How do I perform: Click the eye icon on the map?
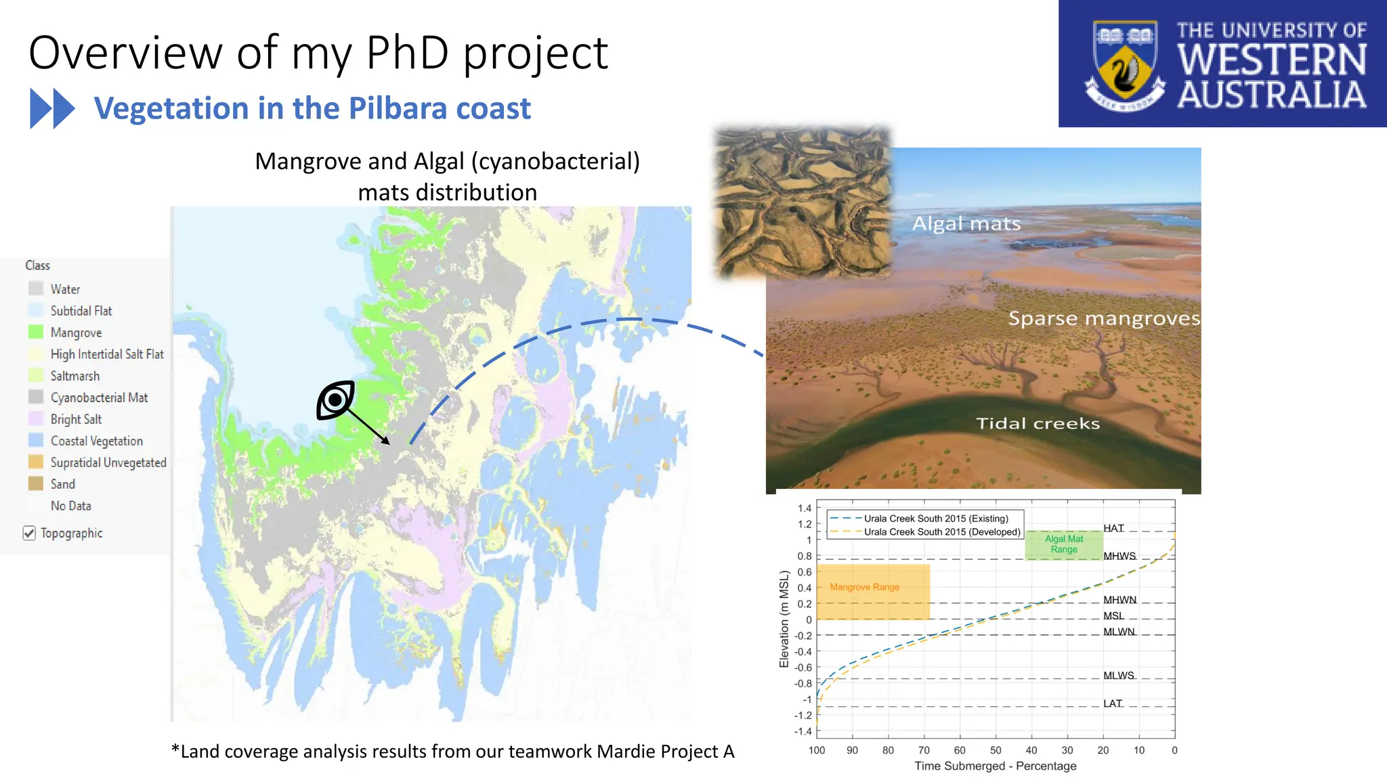click(x=336, y=400)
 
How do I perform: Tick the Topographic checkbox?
click(x=29, y=533)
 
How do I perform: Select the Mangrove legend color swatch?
click(x=36, y=332)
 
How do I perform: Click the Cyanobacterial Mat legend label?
click(x=99, y=397)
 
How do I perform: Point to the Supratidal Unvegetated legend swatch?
click(x=36, y=462)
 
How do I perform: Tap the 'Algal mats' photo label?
click(x=966, y=223)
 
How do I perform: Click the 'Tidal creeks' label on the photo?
click(x=1037, y=423)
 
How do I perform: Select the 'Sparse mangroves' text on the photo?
click(x=1103, y=318)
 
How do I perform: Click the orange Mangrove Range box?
click(x=872, y=592)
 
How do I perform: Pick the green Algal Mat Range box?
click(x=1063, y=544)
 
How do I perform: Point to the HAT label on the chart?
click(x=1113, y=528)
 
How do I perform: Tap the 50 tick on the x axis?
click(x=995, y=750)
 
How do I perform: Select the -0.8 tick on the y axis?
click(x=803, y=683)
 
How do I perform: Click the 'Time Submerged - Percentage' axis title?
click(x=995, y=766)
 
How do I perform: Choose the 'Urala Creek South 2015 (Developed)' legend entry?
click(x=941, y=532)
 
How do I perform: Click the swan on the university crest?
click(x=1124, y=72)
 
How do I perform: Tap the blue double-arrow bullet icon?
click(x=52, y=108)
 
